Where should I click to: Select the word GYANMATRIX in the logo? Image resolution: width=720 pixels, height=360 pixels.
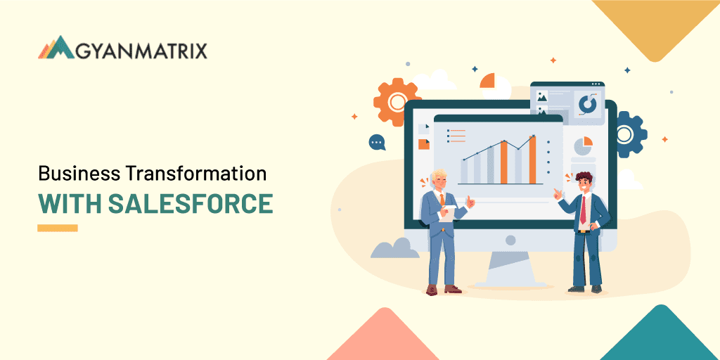[x=141, y=51]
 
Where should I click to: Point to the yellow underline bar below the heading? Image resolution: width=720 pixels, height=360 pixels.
[x=58, y=228]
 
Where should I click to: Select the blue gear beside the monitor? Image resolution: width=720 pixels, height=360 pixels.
[x=631, y=134]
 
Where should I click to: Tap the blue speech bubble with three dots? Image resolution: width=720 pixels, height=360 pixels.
[x=377, y=142]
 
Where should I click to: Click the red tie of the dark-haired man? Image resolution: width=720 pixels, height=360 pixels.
[x=583, y=210]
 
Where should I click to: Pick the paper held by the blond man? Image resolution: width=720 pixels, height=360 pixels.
[x=446, y=213]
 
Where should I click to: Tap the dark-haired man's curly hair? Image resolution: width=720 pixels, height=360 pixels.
[x=584, y=176]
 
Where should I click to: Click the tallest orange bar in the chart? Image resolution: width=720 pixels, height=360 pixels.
[x=532, y=160]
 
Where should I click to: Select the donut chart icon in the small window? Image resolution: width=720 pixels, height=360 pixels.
[x=587, y=104]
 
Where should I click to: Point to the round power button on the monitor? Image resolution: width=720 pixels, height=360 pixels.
[x=510, y=240]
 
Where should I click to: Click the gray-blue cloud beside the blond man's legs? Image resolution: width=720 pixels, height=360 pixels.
[x=394, y=248]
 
